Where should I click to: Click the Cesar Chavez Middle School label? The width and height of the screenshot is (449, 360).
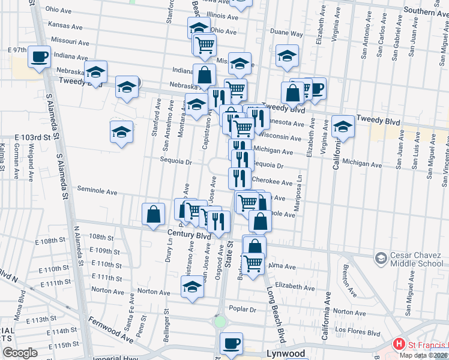[x=417, y=259]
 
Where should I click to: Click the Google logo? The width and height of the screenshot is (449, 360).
[x=20, y=353]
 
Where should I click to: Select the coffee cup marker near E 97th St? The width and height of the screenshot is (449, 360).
[x=40, y=57]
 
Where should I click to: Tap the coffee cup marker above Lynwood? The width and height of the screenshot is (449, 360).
[x=231, y=344]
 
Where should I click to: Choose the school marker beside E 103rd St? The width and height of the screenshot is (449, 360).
[x=121, y=131]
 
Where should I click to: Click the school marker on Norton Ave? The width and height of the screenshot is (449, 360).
[x=193, y=287]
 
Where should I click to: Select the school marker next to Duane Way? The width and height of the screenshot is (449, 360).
[x=288, y=56]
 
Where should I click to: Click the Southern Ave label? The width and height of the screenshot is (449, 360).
[x=427, y=11]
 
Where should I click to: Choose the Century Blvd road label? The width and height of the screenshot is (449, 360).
[x=189, y=236]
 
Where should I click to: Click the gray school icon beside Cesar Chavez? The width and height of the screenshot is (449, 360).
[x=381, y=258]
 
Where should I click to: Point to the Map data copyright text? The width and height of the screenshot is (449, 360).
[x=423, y=355]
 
